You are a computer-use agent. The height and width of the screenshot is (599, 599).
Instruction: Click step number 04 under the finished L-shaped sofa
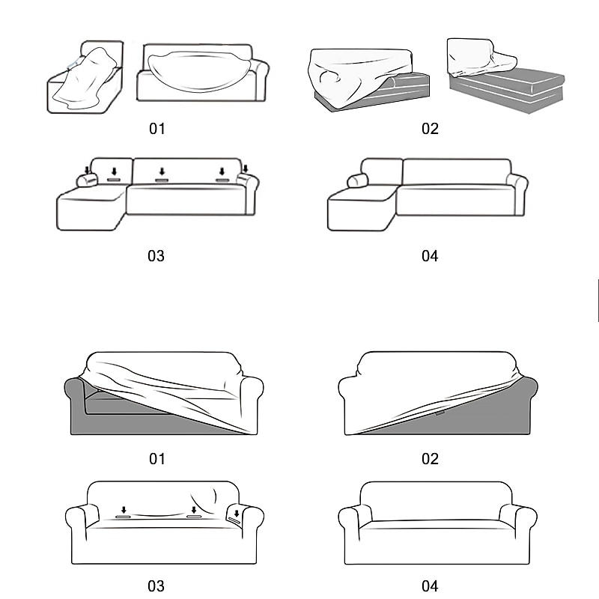[430, 256]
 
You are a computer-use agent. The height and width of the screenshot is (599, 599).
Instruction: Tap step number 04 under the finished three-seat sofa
[430, 586]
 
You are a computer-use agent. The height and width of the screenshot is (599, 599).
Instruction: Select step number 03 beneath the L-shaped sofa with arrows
[156, 256]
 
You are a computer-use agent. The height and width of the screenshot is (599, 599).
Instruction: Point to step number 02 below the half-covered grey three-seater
[430, 459]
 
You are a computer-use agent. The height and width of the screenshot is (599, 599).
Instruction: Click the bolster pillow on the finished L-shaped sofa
[358, 180]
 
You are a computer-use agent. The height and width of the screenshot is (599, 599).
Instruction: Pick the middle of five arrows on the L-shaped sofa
[162, 171]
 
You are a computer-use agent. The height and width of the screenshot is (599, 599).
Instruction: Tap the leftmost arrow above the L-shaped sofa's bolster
[87, 170]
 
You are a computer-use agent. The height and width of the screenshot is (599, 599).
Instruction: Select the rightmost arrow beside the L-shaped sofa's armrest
[246, 168]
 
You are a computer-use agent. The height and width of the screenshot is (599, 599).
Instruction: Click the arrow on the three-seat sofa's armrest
[237, 514]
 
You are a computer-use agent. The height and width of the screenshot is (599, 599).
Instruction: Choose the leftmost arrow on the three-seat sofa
[124, 510]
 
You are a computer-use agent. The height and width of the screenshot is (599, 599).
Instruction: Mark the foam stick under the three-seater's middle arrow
[194, 517]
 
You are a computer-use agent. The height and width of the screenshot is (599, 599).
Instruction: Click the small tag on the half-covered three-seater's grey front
[440, 413]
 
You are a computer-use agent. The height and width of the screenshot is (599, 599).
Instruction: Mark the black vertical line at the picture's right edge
[598, 300]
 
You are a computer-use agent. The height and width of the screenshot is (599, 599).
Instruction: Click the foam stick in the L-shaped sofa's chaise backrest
[114, 180]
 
